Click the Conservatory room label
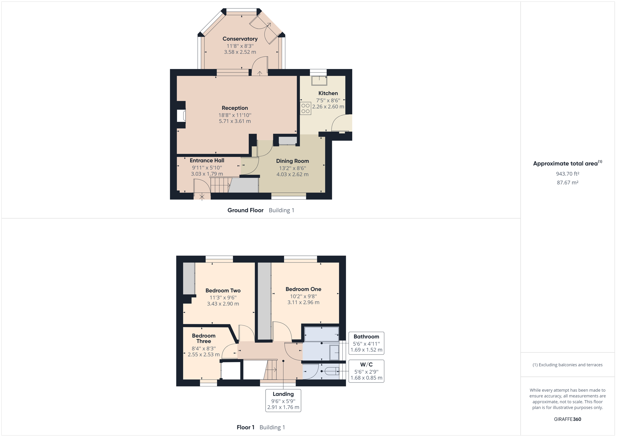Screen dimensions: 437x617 tap(240, 39)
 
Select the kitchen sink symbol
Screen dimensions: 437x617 tap(319, 81)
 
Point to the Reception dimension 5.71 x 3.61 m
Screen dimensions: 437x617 tap(235, 121)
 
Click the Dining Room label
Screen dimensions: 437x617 tap(292, 161)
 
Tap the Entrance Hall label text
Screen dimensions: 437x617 tap(207, 160)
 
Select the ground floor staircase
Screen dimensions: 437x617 tap(220, 185)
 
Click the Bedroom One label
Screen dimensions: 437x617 tap(303, 289)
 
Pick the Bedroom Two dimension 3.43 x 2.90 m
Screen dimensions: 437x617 tap(223, 304)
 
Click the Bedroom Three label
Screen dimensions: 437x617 tap(203, 338)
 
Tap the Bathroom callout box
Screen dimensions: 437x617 tap(366, 343)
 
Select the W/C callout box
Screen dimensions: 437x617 tap(366, 371)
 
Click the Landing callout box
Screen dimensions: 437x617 tap(283, 400)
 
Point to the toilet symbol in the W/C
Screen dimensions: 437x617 tap(332, 371)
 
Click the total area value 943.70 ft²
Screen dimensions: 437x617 tap(567, 174)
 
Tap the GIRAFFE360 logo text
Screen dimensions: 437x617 tap(567, 419)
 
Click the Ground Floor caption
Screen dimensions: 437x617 tap(245, 210)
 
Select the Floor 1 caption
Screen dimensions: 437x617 tap(245, 427)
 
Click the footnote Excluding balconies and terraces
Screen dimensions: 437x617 tap(567, 365)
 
